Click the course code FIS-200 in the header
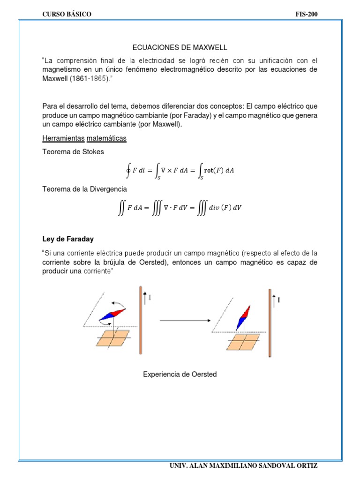tap(307, 15)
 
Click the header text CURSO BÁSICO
tap(67, 15)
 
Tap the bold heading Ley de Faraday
tap(68, 239)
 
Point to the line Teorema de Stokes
tap(73, 152)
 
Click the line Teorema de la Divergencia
tap(84, 189)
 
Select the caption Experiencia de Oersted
tap(180, 374)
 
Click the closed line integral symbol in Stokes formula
tap(128, 170)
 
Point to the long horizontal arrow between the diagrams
tap(184, 321)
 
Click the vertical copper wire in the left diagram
tap(140, 321)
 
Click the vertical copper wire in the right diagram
tap(270, 323)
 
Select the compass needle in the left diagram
tap(112, 315)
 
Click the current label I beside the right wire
tap(279, 299)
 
